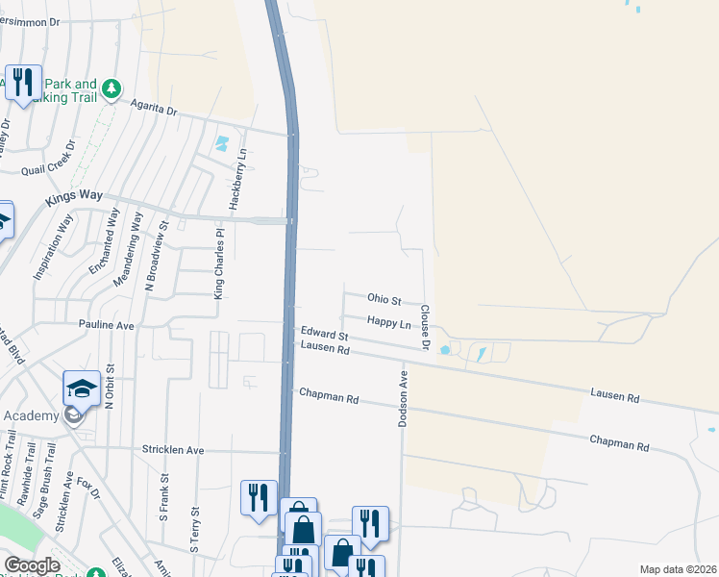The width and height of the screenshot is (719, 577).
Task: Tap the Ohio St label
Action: pyautogui.click(x=384, y=300)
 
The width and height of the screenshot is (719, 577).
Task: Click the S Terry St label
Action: pyautogui.click(x=196, y=528)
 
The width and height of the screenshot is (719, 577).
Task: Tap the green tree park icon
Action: pyautogui.click(x=112, y=89)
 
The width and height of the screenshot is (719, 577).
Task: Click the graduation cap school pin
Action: pyautogui.click(x=82, y=389)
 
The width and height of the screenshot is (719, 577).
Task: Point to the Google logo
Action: pyautogui.click(x=32, y=565)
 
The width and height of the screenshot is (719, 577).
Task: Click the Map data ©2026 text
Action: pyautogui.click(x=677, y=569)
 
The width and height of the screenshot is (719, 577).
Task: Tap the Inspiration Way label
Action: pyautogui.click(x=54, y=247)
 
